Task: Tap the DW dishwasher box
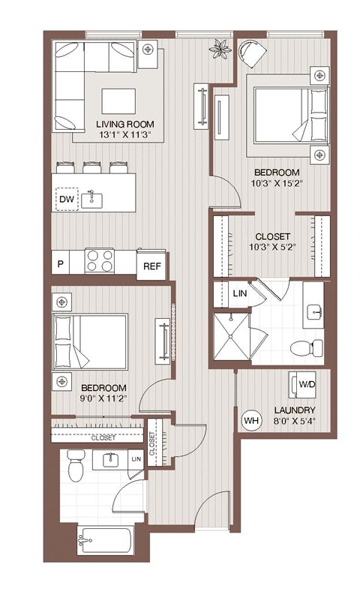(66, 199)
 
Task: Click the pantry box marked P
(61, 265)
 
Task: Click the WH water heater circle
(250, 420)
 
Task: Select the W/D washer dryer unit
(304, 384)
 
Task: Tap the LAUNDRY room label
(294, 410)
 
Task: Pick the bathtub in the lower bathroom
(105, 541)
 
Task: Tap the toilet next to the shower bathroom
(306, 347)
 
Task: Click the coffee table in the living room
(119, 101)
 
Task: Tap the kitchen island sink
(94, 198)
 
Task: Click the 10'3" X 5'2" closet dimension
(273, 247)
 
